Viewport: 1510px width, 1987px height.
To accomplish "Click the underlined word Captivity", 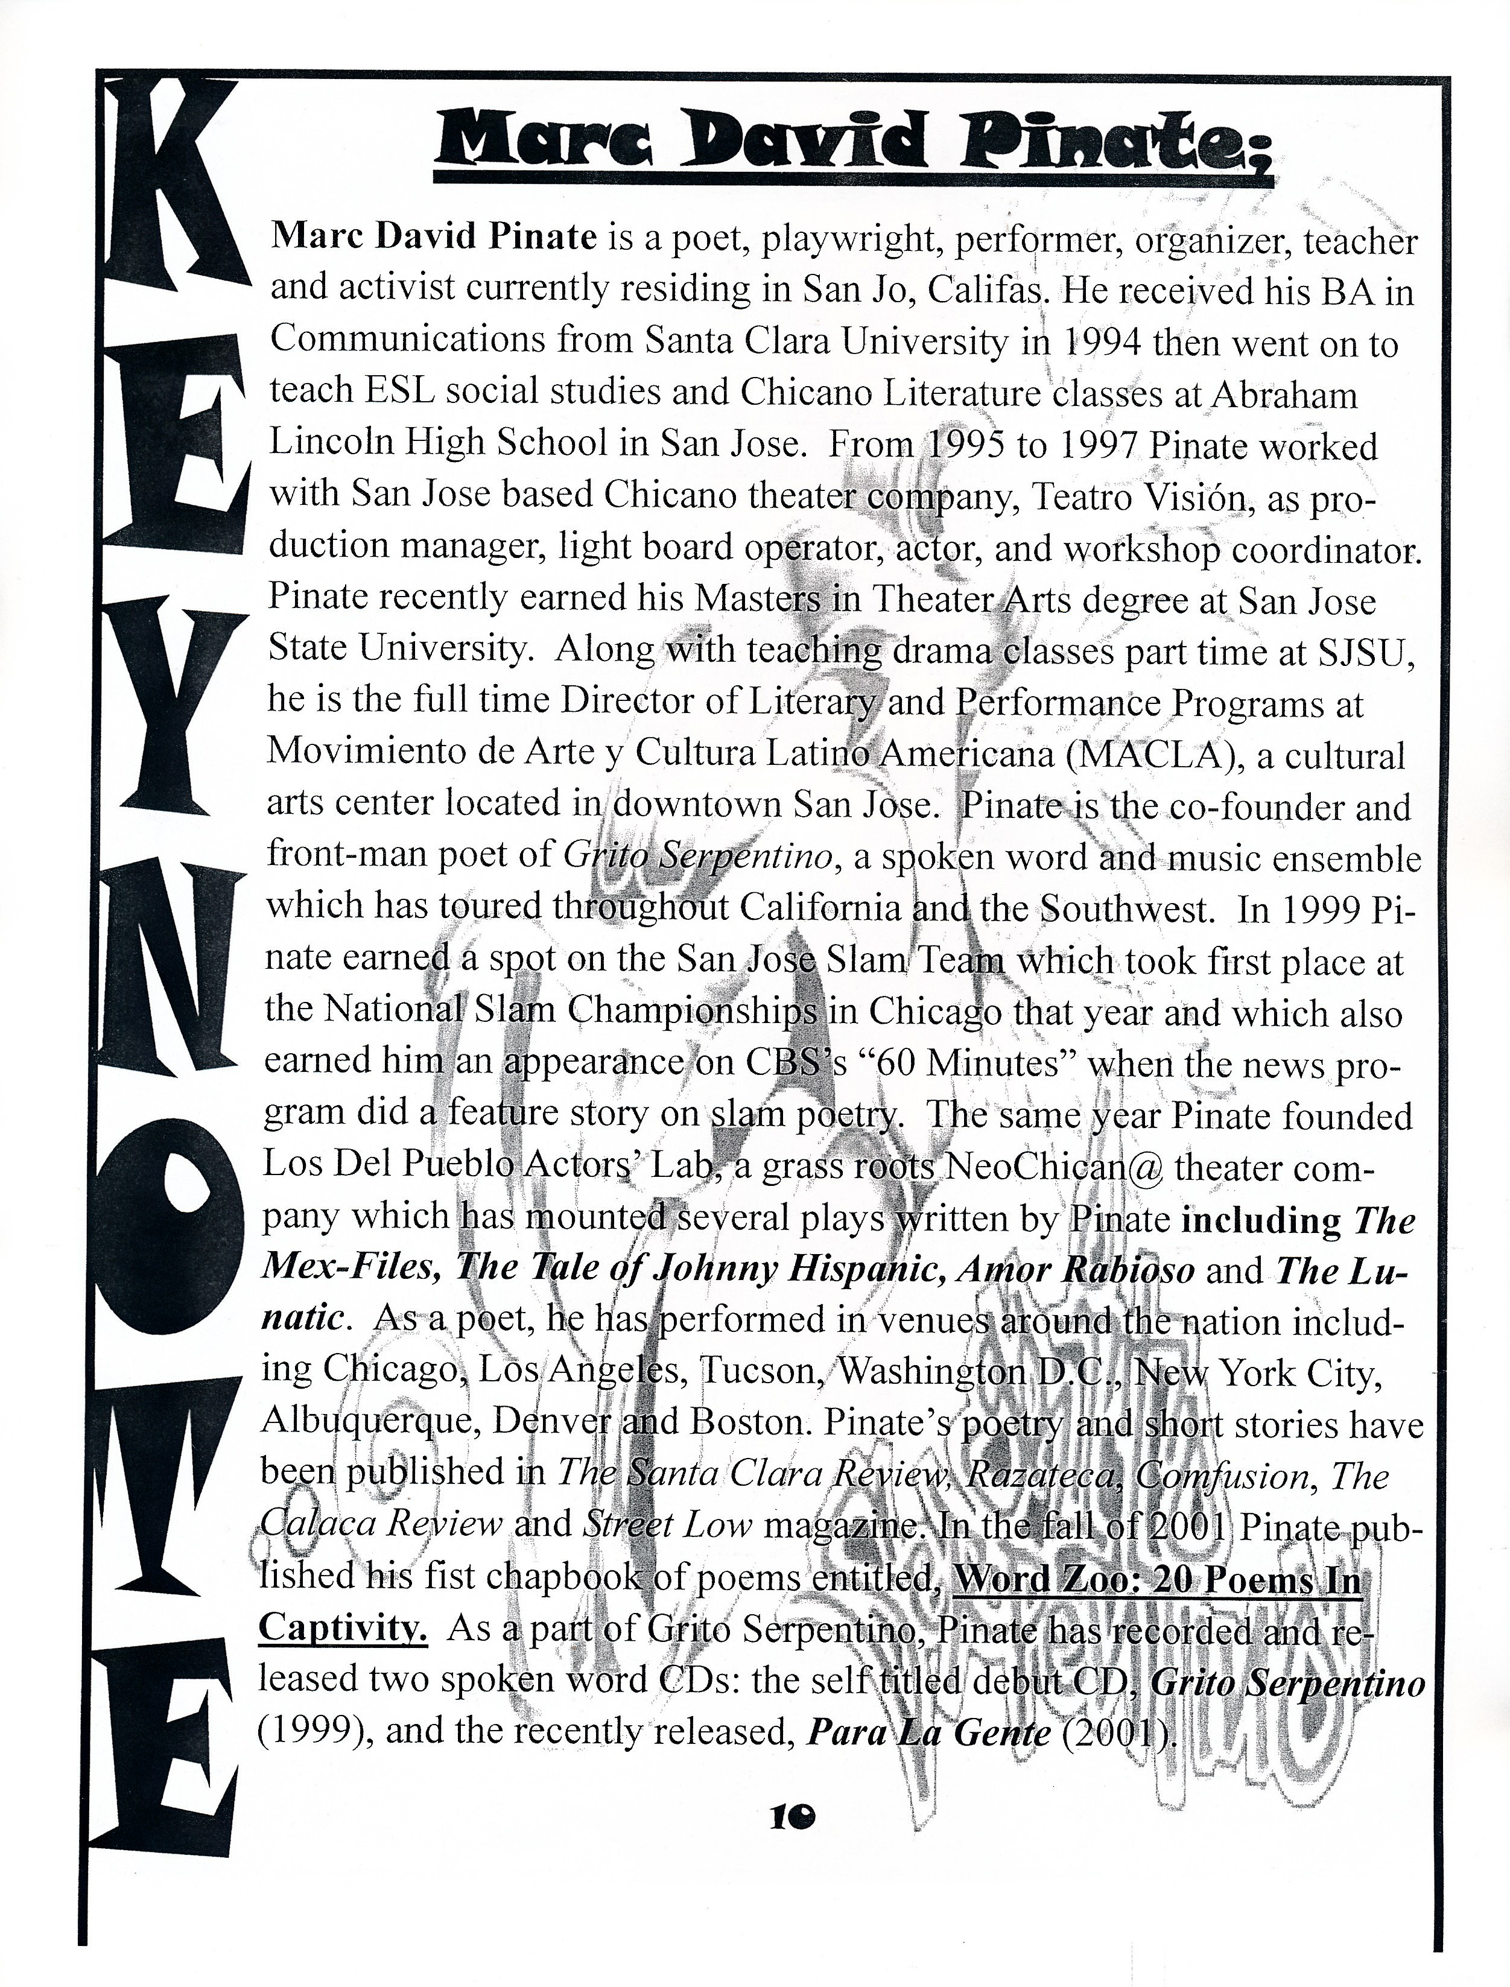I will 343,1627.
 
